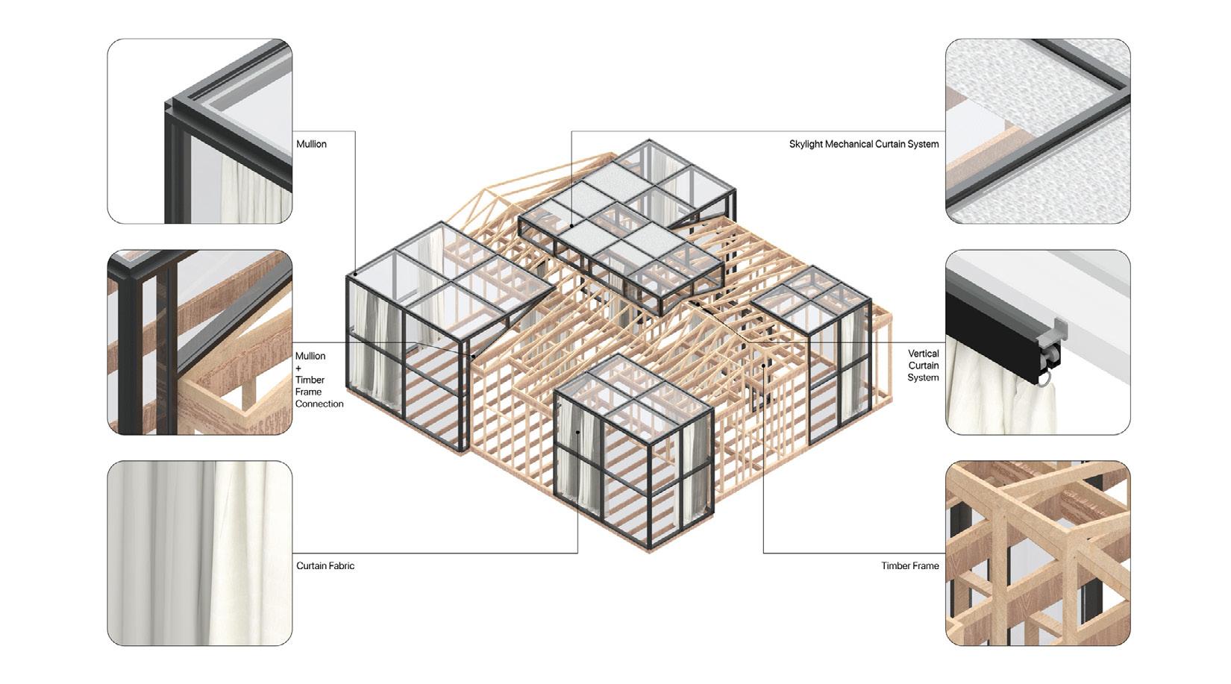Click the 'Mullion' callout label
[x=311, y=144]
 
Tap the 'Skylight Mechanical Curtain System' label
[x=863, y=144]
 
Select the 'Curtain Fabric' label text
[x=325, y=565]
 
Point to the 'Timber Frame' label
[x=909, y=565]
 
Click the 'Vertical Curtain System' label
[x=923, y=365]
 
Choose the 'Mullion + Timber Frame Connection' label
[x=319, y=380]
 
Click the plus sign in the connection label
[x=299, y=368]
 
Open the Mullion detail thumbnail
[x=200, y=131]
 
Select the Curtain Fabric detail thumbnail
[x=200, y=553]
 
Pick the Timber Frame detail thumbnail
[x=1038, y=553]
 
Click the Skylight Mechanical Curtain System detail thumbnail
[x=1038, y=131]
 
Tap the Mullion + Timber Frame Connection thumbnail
[x=200, y=342]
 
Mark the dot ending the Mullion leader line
[x=355, y=274]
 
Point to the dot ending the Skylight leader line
[x=572, y=225]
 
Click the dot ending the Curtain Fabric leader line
[x=577, y=432]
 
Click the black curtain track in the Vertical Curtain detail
[x=992, y=336]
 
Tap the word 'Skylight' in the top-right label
[x=806, y=144]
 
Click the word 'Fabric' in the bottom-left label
[x=340, y=565]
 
